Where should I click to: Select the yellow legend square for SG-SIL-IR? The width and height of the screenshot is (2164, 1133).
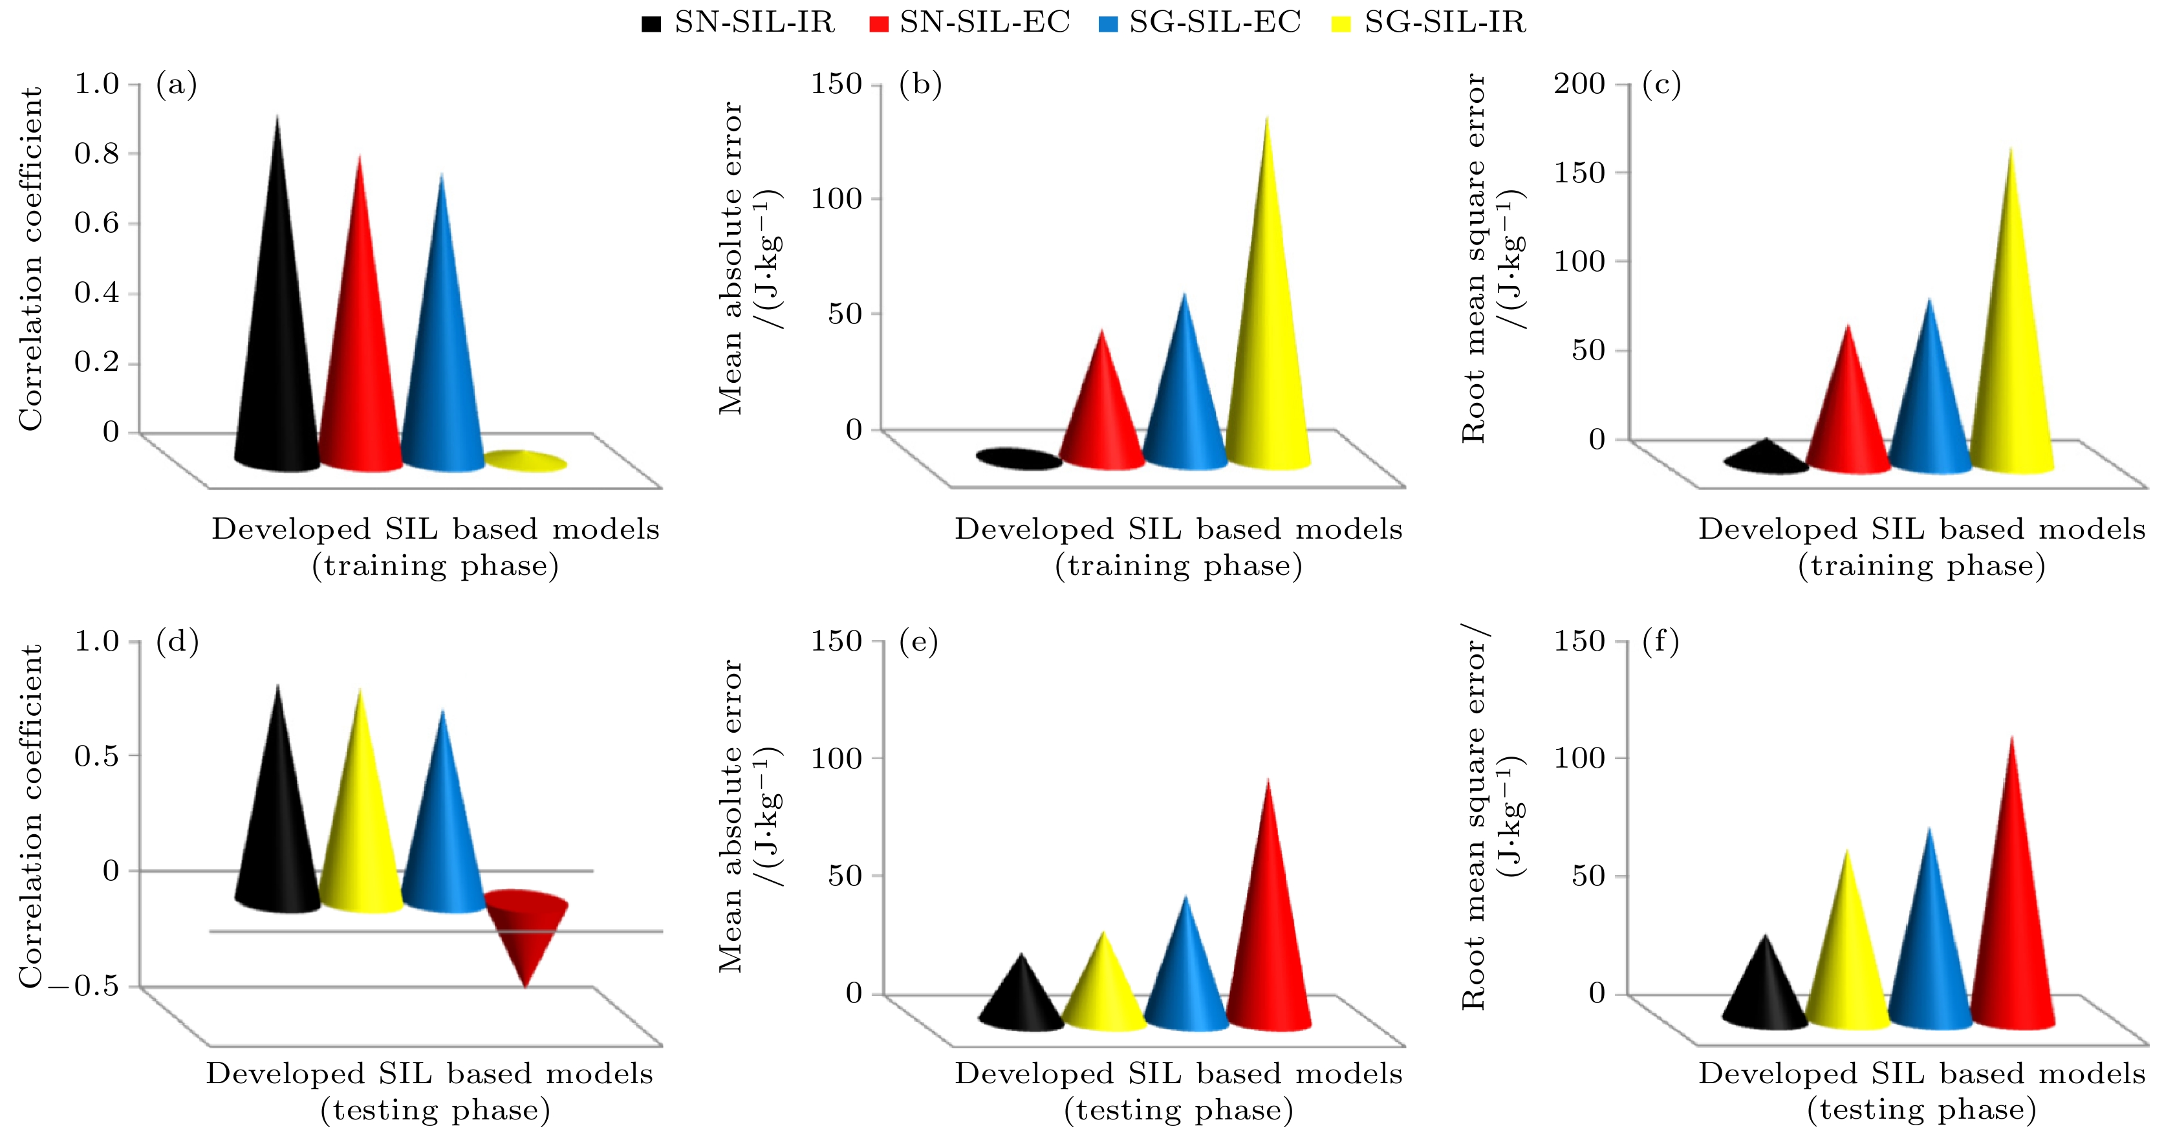coord(1341,23)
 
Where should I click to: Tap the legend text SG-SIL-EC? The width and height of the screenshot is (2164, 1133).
coord(1215,22)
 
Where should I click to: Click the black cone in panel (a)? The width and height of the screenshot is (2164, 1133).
coord(277,336)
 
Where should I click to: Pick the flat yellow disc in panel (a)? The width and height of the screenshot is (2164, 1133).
coord(525,460)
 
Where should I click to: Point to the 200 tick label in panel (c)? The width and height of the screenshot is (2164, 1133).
coord(1579,83)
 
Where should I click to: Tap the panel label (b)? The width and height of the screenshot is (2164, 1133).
coord(920,85)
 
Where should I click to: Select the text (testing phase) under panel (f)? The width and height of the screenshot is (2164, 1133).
coord(1922,1110)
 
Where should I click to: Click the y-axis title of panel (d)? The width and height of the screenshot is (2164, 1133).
coord(30,815)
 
